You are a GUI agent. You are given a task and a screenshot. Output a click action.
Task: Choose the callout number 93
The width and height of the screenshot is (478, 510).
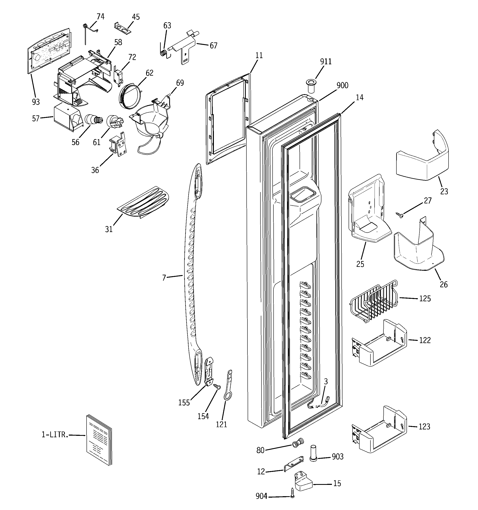(36, 102)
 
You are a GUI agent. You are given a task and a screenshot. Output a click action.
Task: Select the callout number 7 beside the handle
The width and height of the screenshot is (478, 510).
(164, 278)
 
